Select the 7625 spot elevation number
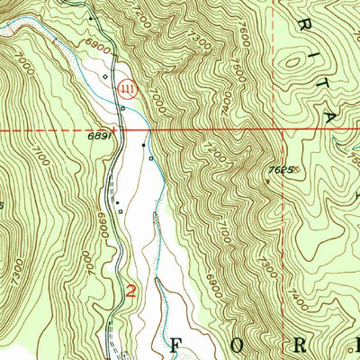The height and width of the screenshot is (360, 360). pyautogui.click(x=280, y=169)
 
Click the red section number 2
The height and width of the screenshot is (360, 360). pyautogui.click(x=131, y=292)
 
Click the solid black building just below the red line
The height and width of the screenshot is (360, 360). pyautogui.click(x=142, y=143)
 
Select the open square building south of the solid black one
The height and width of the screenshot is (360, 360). pyautogui.click(x=150, y=159)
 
